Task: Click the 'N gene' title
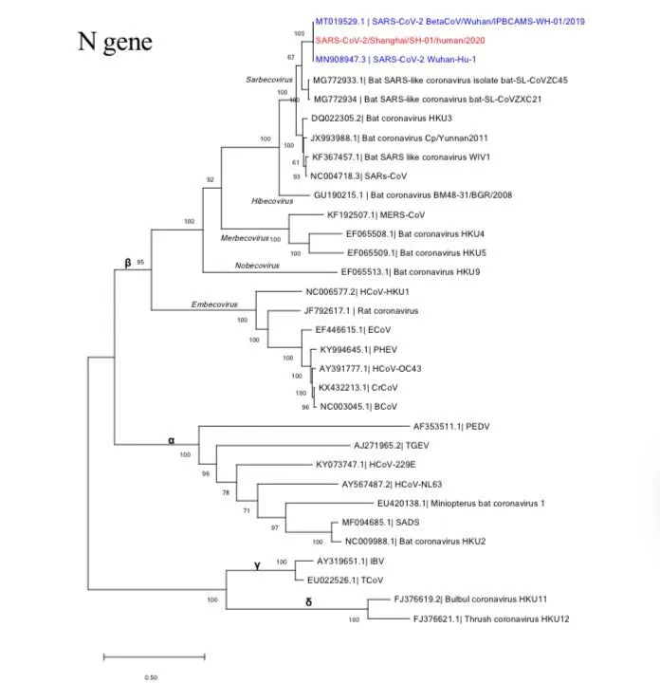(114, 42)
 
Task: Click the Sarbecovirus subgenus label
(268, 81)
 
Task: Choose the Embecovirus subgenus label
(213, 305)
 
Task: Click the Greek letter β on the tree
(128, 263)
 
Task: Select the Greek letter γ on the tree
(256, 565)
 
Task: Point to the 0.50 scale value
(150, 677)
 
